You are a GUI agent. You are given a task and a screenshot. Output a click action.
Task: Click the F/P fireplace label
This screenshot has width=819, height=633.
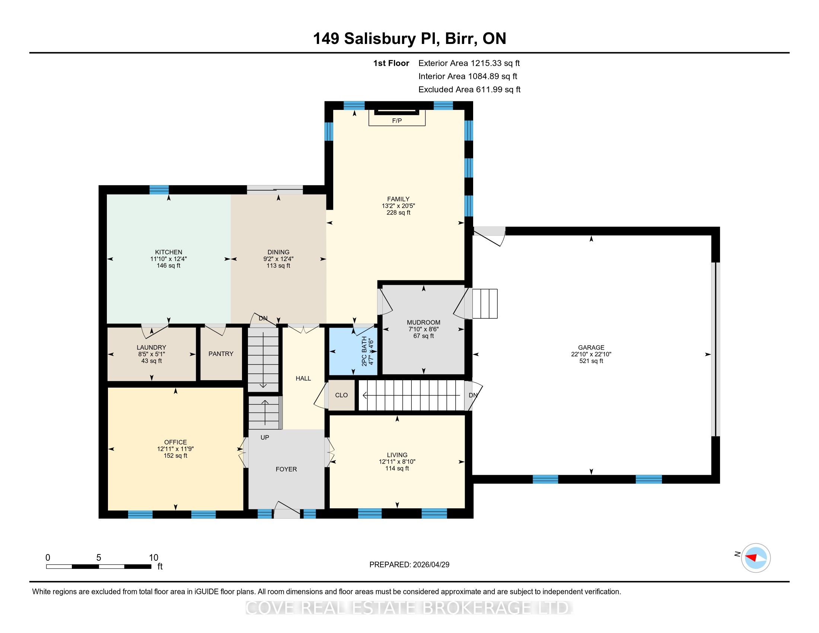coord(397,121)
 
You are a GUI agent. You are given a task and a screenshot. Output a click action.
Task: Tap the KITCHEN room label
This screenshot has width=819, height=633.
coord(169,252)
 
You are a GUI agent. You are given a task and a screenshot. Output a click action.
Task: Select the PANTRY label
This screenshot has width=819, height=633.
coord(221,354)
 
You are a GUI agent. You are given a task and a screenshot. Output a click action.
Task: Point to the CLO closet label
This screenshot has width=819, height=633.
coord(341,395)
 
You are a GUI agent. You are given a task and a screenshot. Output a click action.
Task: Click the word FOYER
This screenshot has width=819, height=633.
coord(286,470)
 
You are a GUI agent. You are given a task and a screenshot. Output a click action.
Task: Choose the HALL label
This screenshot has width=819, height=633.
coord(303,379)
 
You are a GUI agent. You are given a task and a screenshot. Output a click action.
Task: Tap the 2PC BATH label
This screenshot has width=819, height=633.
coord(364,351)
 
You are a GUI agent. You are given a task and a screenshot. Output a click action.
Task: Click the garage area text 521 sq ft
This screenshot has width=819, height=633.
coord(592,361)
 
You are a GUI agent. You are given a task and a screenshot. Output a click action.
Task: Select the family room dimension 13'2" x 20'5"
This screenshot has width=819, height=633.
coord(398,206)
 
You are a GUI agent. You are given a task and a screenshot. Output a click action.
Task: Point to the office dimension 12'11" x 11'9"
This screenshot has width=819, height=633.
coord(175,449)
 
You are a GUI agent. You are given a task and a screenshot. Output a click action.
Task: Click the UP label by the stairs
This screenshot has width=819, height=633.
coord(265,438)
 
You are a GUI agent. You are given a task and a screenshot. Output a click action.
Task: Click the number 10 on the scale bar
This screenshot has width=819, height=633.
coord(154,558)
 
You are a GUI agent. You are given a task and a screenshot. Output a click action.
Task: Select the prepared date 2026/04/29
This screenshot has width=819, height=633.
coord(430,565)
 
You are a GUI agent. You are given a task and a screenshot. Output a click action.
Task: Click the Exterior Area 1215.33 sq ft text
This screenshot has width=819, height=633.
coord(469,63)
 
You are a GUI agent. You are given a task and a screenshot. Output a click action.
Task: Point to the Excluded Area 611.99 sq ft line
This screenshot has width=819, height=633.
coord(469,90)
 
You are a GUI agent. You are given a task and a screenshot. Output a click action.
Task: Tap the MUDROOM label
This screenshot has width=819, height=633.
coord(424,322)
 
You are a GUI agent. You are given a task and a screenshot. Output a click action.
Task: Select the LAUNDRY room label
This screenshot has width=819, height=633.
coord(152,348)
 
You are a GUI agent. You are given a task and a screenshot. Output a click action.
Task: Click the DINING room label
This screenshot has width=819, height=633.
coord(278,252)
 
